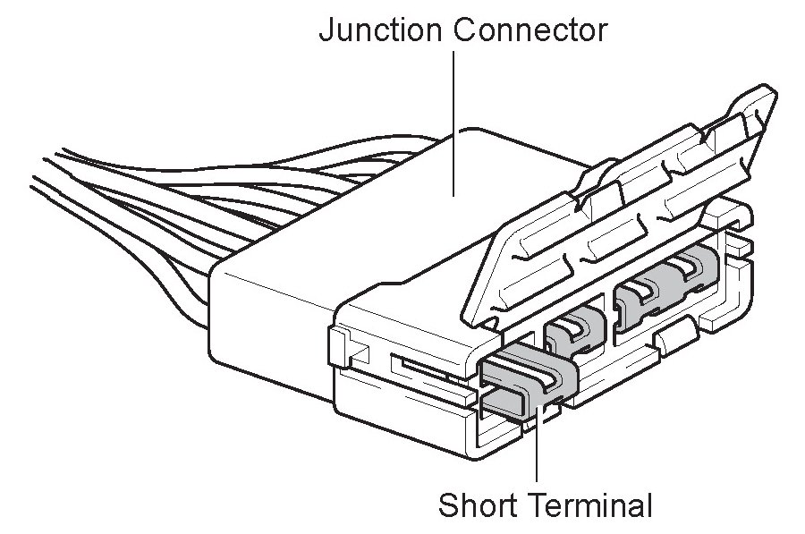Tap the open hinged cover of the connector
tap(617, 224)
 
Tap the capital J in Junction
tap(326, 32)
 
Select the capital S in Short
tap(448, 505)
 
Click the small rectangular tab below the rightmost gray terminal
tap(676, 338)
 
